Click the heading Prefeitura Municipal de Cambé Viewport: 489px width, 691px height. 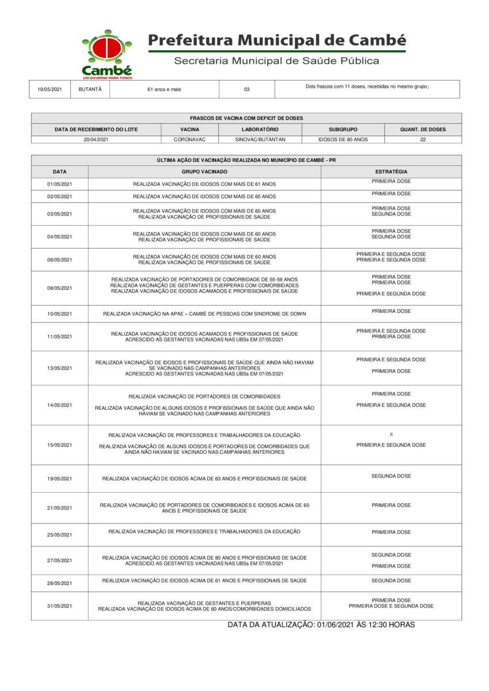tap(277, 40)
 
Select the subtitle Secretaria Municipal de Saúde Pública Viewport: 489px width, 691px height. tap(276, 61)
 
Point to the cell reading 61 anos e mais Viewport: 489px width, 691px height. tap(164, 89)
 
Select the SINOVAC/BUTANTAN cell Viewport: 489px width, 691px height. tap(260, 139)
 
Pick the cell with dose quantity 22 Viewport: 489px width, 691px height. tap(423, 139)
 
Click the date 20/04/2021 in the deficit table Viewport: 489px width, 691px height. tap(96, 139)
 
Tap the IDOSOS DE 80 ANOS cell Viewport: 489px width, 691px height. tap(343, 139)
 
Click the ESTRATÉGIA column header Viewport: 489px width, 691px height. tap(391, 172)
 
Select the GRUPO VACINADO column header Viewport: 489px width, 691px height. tap(204, 172)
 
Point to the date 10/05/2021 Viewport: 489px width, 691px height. tap(59, 314)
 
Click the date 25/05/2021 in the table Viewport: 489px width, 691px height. tap(59, 535)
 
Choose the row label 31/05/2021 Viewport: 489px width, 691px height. tap(59, 606)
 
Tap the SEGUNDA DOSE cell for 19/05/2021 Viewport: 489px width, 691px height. tap(391, 476)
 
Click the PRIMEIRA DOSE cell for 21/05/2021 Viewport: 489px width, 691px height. tap(391, 505)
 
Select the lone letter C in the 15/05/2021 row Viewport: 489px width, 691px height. tap(391, 434)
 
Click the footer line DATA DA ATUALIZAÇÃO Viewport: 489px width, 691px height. tap(321, 625)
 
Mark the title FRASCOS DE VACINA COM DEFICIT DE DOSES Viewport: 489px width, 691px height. tap(247, 118)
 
